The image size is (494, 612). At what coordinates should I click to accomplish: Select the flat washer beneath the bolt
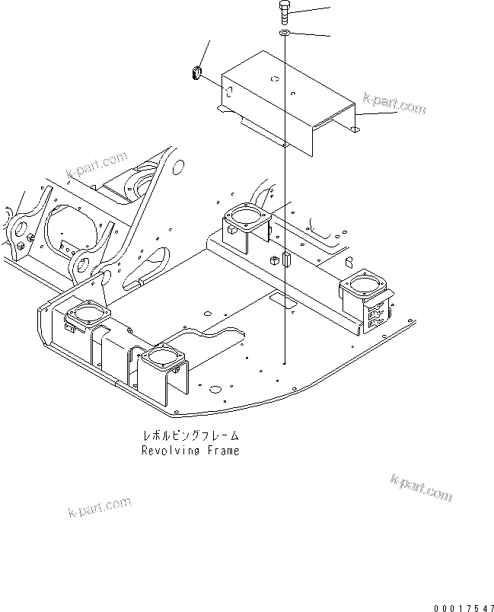(284, 33)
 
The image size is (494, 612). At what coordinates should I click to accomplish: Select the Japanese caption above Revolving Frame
(190, 436)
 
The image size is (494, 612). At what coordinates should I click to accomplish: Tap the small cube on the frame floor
(272, 261)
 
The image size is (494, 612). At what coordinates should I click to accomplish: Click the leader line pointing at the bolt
(312, 11)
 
